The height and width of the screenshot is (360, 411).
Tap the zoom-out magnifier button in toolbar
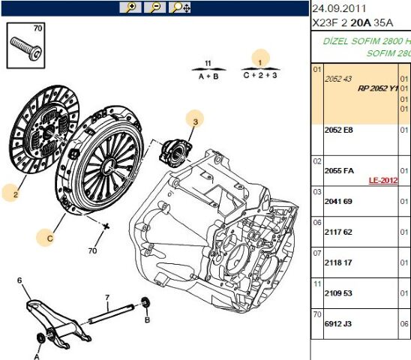pyautogui.click(x=154, y=7)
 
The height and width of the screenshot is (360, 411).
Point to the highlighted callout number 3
pyautogui.click(x=194, y=120)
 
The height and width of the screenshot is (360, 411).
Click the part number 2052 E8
pyautogui.click(x=337, y=130)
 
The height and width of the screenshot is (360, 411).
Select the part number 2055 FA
pyautogui.click(x=339, y=170)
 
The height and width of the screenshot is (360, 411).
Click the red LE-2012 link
pyautogui.click(x=382, y=181)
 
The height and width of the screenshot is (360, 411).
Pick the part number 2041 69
pyautogui.click(x=337, y=202)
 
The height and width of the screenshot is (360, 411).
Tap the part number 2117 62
pyautogui.click(x=337, y=232)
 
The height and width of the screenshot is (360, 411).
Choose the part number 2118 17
pyautogui.click(x=337, y=263)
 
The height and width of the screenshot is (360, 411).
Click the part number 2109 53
pyautogui.click(x=337, y=294)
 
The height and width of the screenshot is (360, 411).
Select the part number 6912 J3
pyautogui.click(x=337, y=325)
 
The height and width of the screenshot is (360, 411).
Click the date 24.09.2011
pyautogui.click(x=340, y=8)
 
